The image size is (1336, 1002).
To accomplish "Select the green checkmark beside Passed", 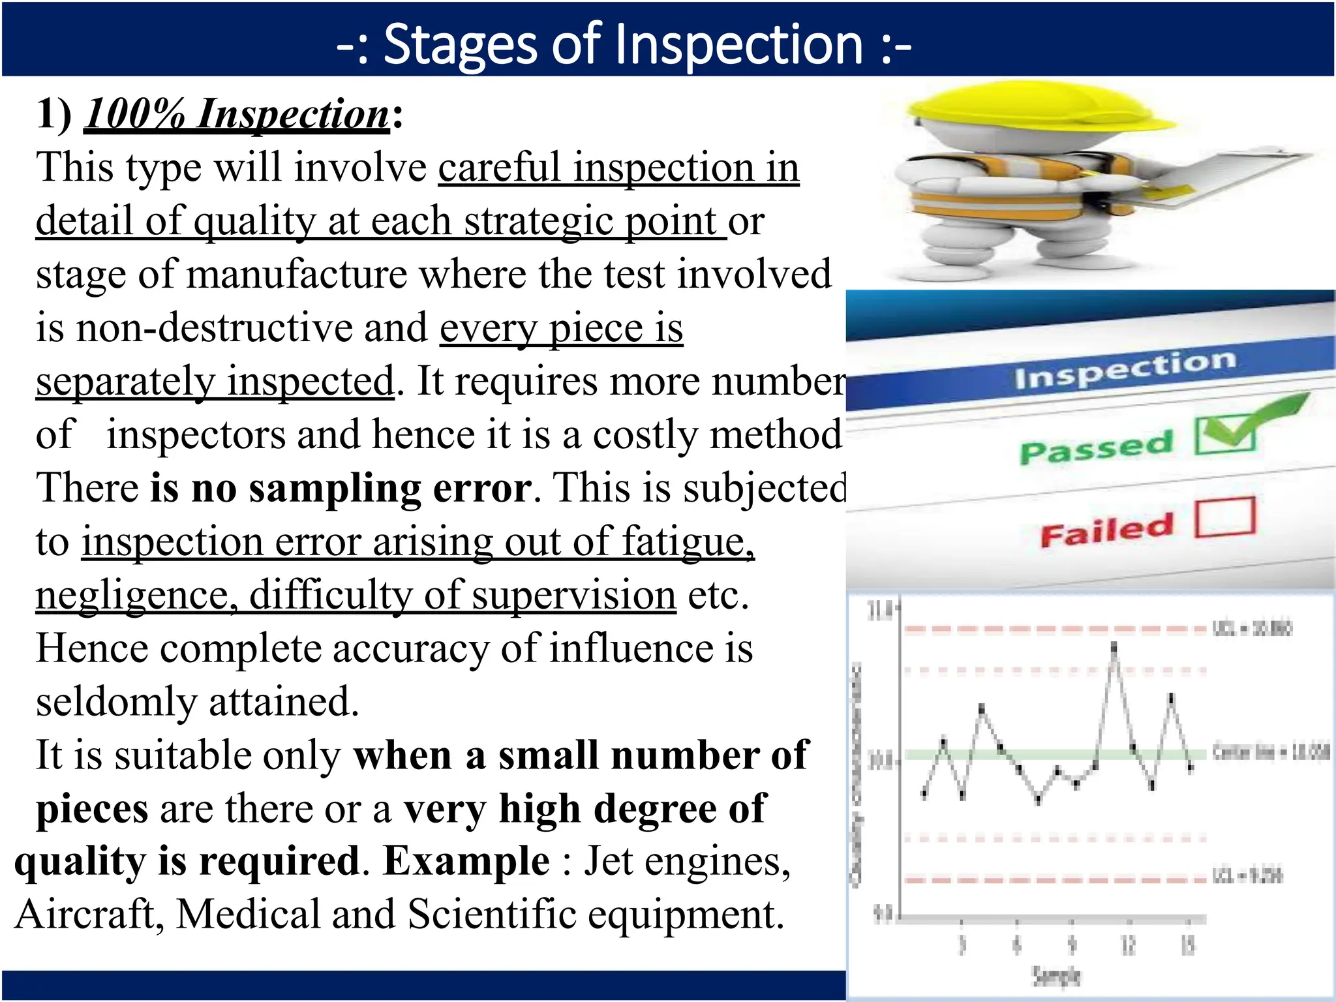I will coord(1239,427).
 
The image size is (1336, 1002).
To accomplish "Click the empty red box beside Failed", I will coord(1225,517).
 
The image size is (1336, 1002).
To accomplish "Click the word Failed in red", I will coord(1107,530).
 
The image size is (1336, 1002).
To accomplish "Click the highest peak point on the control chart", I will coord(1114,646).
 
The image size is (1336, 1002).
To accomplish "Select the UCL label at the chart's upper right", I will coord(1251,628).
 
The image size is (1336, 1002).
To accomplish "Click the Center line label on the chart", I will coord(1269,751).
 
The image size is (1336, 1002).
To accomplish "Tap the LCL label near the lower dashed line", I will coord(1247,875).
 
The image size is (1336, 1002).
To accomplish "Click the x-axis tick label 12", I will coord(1128,944).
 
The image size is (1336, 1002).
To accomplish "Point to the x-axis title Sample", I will coord(1056,976).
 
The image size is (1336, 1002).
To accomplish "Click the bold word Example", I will coord(466,861).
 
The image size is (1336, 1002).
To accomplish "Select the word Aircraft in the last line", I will coord(89,915).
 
